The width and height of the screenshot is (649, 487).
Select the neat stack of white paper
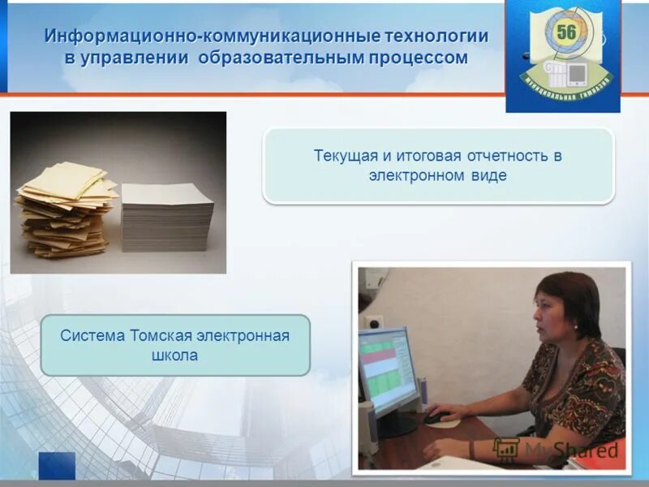(167, 218)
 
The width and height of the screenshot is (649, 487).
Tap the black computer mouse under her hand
(436, 418)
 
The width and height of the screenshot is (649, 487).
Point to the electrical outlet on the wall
(372, 322)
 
